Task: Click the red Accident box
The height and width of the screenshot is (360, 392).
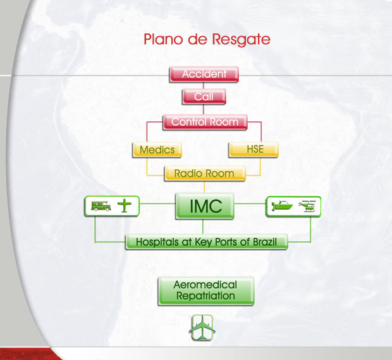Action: click(x=204, y=74)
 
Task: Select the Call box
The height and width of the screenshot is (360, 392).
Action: click(x=204, y=97)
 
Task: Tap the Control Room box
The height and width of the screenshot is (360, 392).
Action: click(x=205, y=122)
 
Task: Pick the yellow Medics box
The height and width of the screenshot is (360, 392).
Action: click(x=157, y=150)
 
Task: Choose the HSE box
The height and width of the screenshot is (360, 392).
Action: click(x=254, y=149)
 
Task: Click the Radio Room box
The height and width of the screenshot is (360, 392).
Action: click(x=205, y=173)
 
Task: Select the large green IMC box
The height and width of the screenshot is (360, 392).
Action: click(x=205, y=206)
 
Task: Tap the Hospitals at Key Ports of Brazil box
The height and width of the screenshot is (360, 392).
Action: click(x=207, y=242)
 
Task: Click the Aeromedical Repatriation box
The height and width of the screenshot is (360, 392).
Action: click(x=206, y=291)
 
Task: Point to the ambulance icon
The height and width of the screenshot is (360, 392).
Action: click(x=101, y=207)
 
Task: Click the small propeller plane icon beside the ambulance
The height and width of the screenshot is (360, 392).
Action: click(x=125, y=206)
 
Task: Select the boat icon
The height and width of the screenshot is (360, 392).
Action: click(x=282, y=206)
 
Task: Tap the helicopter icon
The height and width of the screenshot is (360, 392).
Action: click(x=307, y=207)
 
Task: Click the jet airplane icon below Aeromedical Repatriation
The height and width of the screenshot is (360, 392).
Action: click(x=202, y=328)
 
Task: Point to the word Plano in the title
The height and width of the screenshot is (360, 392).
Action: click(x=163, y=39)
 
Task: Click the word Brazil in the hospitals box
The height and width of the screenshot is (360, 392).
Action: click(x=265, y=242)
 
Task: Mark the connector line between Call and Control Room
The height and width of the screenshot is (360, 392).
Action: click(x=204, y=109)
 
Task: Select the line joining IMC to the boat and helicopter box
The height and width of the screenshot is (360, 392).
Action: click(x=250, y=204)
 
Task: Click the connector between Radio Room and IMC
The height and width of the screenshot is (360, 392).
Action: click(x=204, y=187)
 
